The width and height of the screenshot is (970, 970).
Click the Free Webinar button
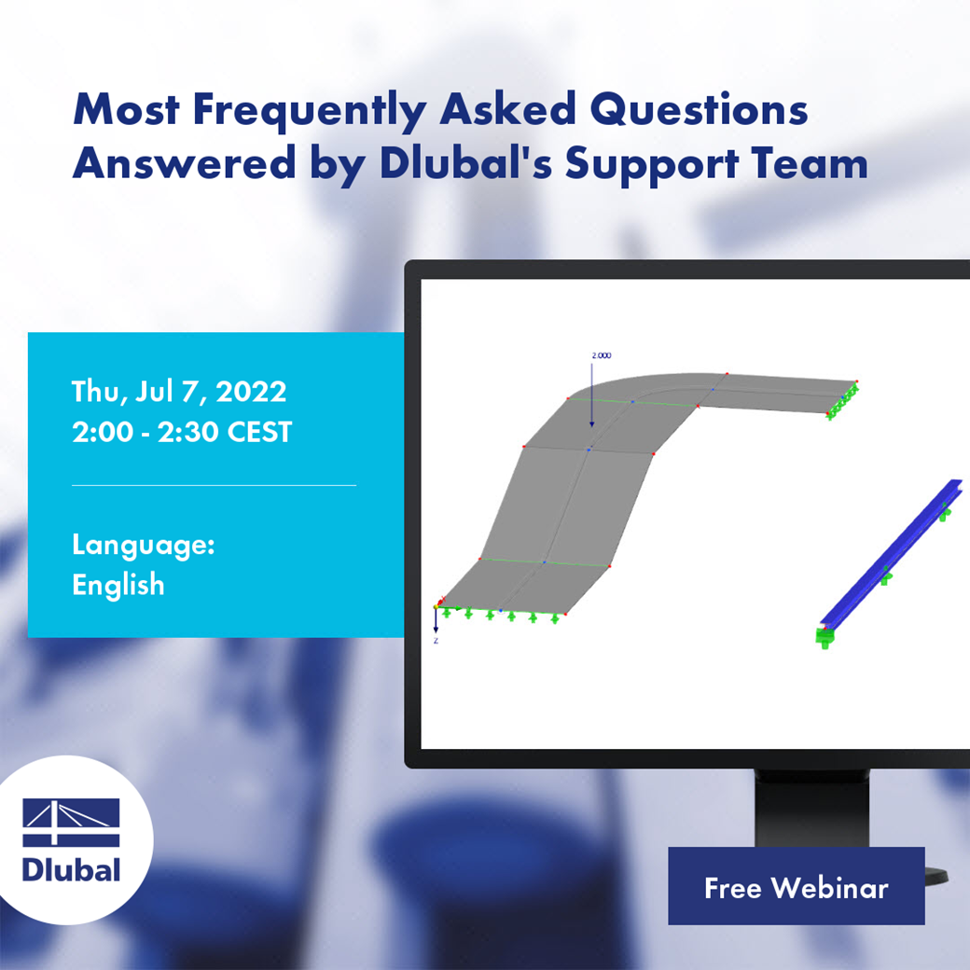796,887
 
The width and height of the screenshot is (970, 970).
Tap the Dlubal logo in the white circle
72,840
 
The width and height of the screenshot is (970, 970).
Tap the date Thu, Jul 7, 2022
179,391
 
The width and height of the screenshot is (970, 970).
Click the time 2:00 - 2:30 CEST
182,432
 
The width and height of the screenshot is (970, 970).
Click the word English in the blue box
118,585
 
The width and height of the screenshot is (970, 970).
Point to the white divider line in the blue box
214,485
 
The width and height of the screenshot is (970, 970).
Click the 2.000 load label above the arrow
602,355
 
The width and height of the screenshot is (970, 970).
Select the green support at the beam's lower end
824,637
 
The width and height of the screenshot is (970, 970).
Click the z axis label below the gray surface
436,641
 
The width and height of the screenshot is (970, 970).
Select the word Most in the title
126,110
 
